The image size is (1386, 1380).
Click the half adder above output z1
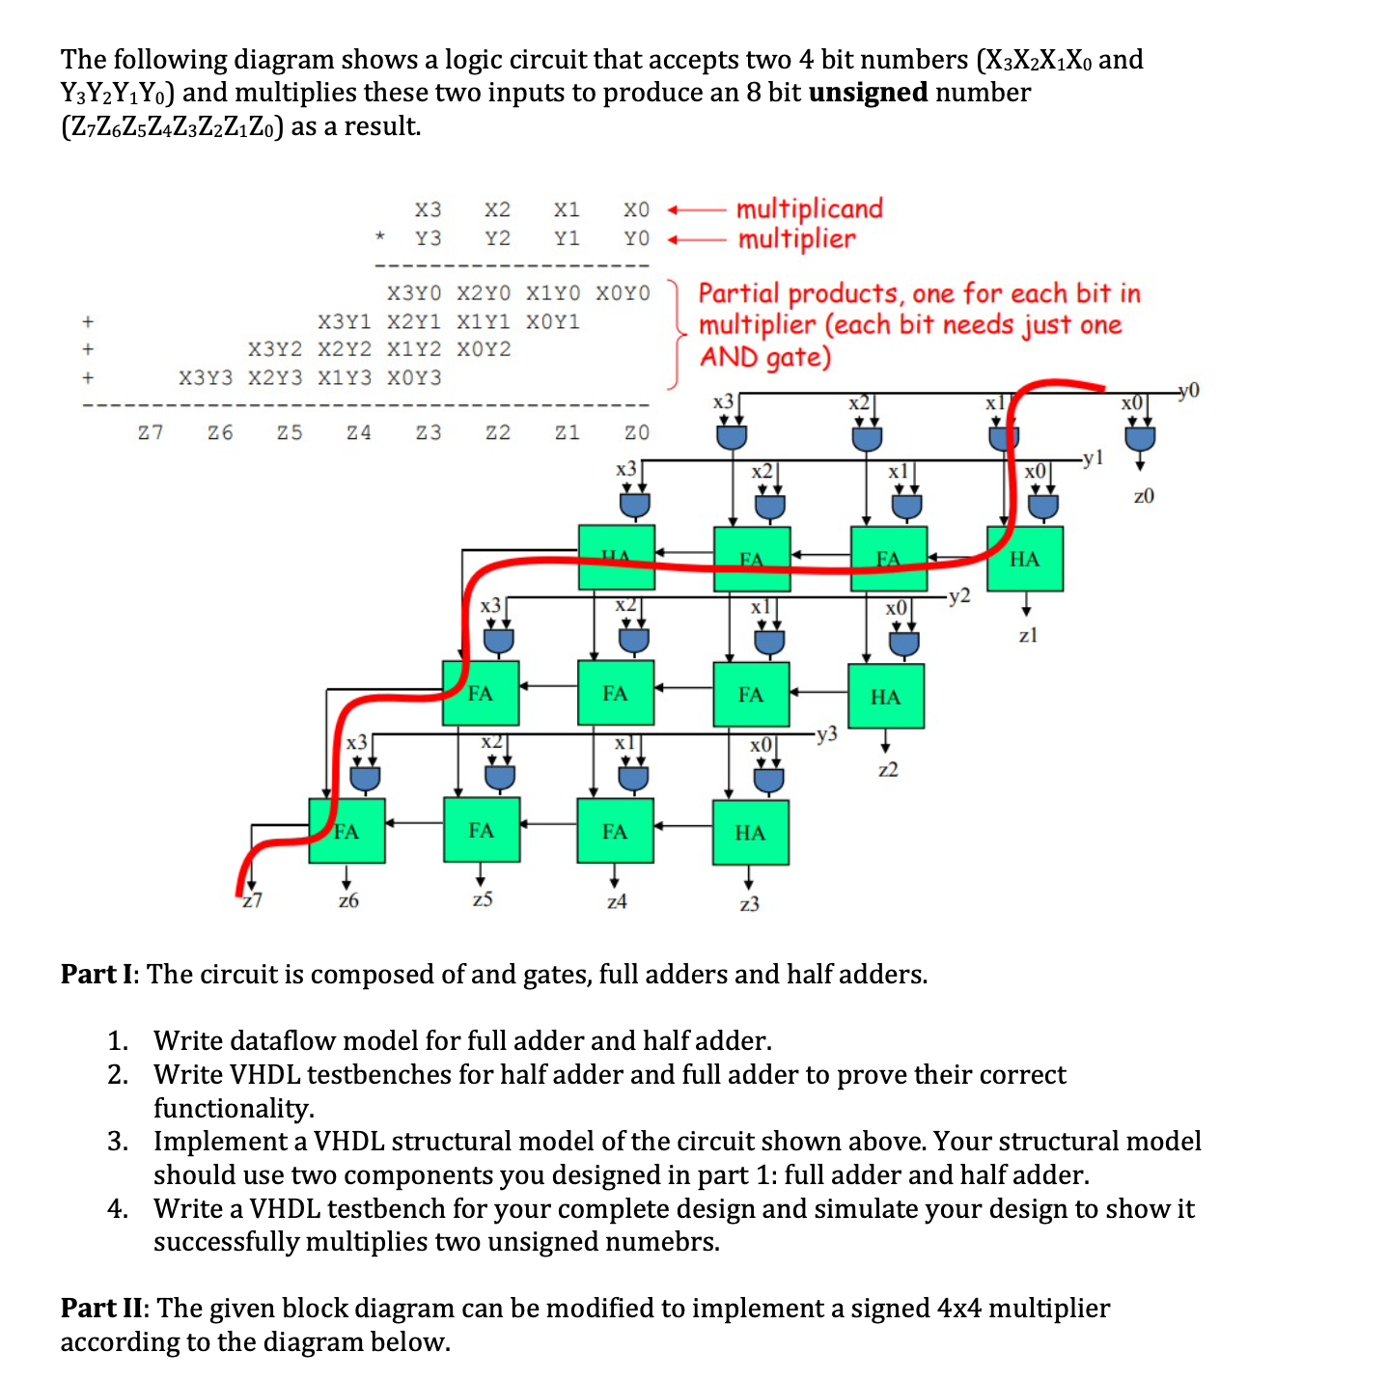[1024, 559]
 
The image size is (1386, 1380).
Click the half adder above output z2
[885, 696]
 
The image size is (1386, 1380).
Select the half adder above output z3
[750, 832]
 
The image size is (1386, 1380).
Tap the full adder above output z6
[346, 831]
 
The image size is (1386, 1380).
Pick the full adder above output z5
[482, 830]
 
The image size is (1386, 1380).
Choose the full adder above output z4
[615, 830]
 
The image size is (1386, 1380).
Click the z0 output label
[1143, 496]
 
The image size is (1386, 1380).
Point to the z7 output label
[252, 900]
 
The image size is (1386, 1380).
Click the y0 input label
[1189, 390]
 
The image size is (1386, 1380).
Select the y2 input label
[959, 595]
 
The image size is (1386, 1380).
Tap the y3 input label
[826, 734]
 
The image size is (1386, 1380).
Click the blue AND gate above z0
[1140, 437]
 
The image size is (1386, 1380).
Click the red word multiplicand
[809, 208]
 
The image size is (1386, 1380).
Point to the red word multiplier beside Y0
[796, 238]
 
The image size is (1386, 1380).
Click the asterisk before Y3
[380, 236]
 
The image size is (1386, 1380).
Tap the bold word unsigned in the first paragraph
[868, 93]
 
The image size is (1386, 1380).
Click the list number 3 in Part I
[118, 1141]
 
